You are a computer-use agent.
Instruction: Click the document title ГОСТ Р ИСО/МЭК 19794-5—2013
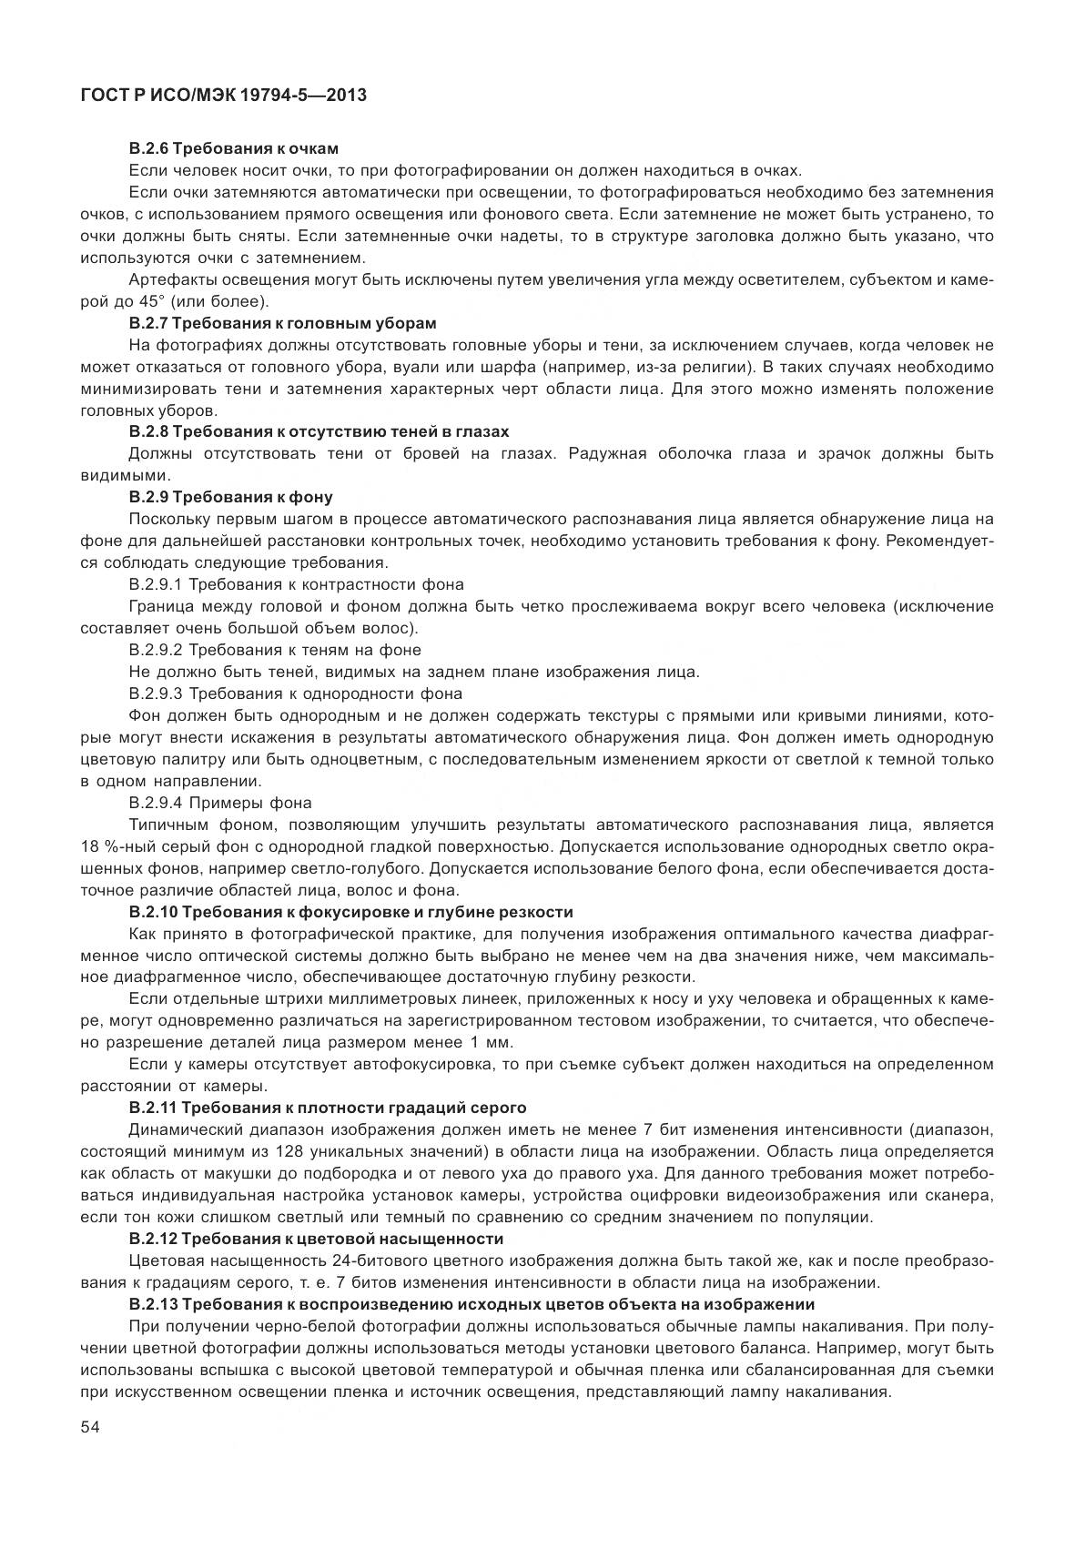click(223, 94)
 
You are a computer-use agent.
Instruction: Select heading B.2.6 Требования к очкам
click(235, 148)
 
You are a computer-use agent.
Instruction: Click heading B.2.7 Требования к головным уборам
click(283, 323)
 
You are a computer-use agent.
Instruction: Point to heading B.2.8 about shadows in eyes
click(319, 431)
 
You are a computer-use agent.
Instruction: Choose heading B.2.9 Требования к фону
click(231, 497)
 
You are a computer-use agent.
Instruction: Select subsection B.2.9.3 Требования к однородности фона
click(296, 693)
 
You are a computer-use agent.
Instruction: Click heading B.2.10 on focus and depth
click(351, 912)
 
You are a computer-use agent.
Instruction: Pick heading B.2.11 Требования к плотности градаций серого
click(328, 1108)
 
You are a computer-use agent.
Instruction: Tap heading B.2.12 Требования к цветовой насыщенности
click(316, 1239)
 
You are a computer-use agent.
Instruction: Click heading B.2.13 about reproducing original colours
click(472, 1304)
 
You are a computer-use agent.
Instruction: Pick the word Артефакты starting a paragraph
click(166, 279)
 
